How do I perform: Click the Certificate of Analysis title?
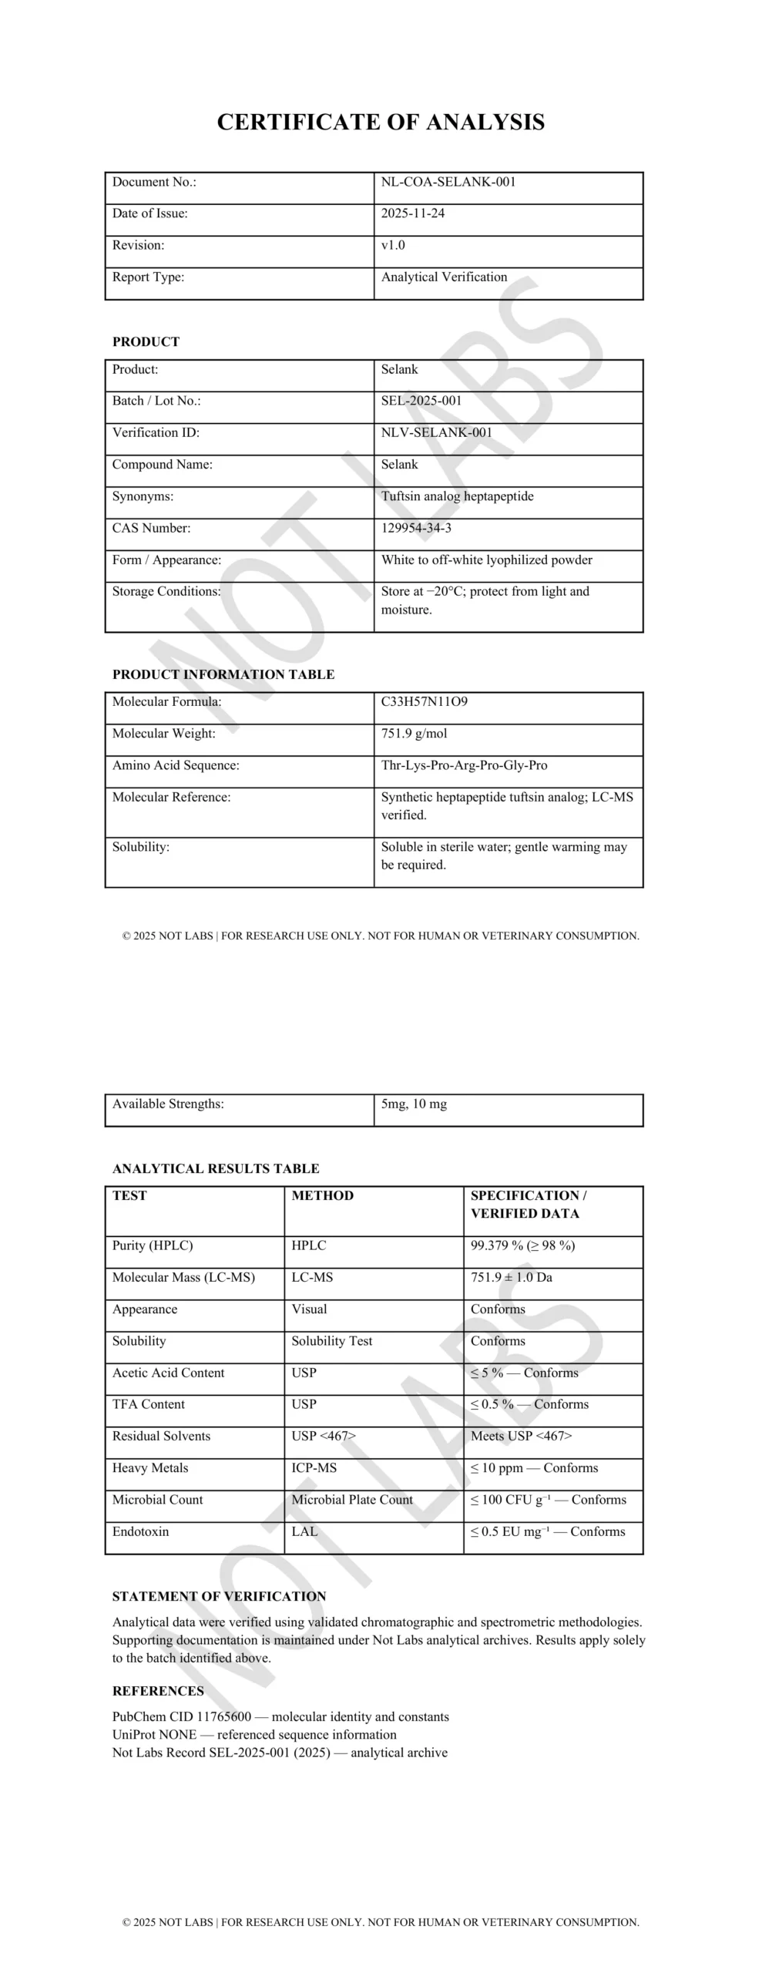coord(381,122)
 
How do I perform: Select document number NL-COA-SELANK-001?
coord(448,182)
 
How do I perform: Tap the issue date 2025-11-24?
coord(412,213)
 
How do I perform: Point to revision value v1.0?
coord(393,245)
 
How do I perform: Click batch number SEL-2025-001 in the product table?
coord(421,401)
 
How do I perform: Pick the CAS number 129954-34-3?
coord(416,528)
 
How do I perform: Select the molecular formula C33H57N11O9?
coord(424,701)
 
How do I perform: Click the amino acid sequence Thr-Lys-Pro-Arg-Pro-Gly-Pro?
coord(464,765)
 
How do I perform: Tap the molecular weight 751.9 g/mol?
coord(414,734)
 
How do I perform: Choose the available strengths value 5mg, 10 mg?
coord(414,1104)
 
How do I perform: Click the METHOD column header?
coord(322,1195)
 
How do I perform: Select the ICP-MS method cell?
coord(314,1467)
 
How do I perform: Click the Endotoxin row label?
coord(140,1531)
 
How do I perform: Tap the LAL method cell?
coord(304,1531)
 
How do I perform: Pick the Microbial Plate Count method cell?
coord(351,1499)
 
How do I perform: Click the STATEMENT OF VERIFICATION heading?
coord(219,1596)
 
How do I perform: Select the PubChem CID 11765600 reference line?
coord(280,1716)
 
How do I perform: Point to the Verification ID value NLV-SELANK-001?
coord(436,432)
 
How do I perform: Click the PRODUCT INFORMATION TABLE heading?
coord(223,674)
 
